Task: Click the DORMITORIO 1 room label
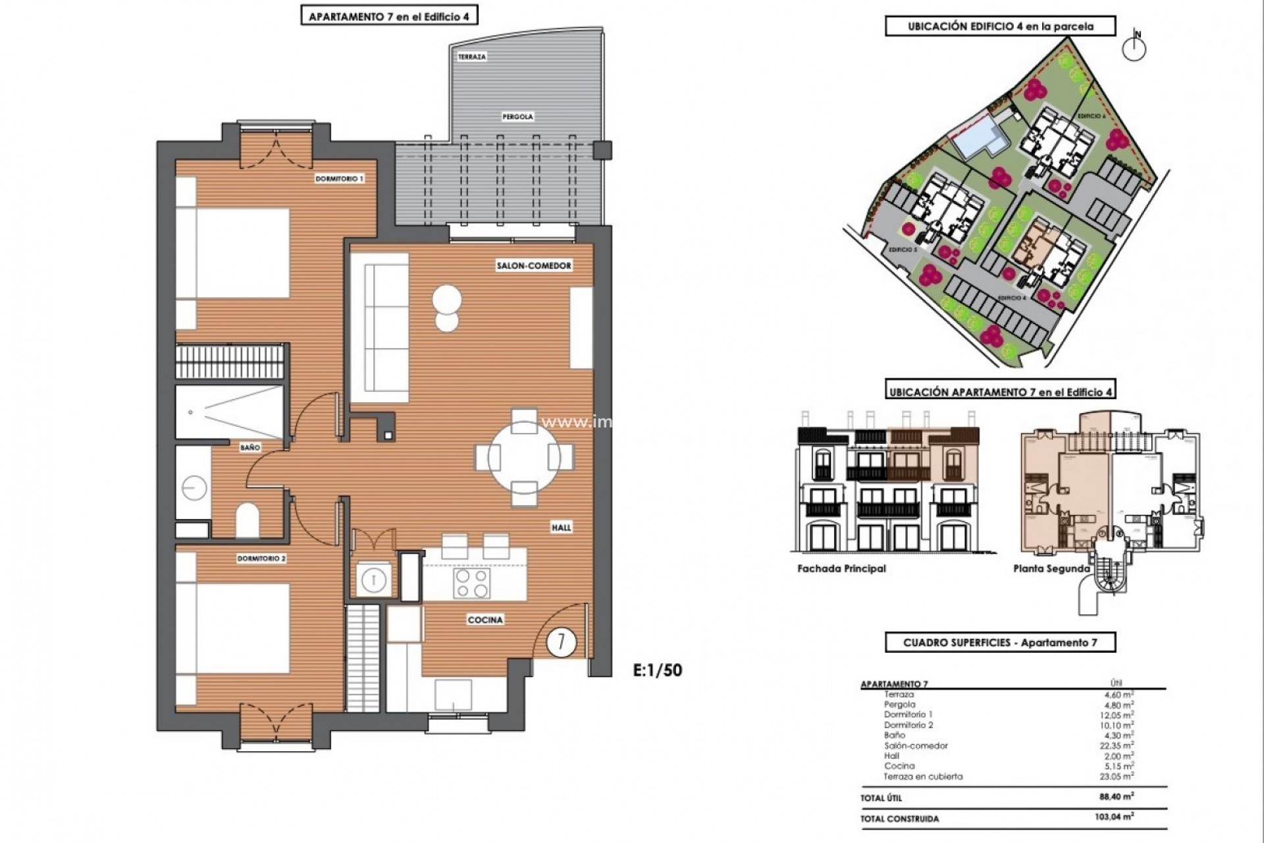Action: coord(339,178)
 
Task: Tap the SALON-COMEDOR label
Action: coord(533,265)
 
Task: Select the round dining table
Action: coord(524,458)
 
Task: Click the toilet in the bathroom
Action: coord(247,520)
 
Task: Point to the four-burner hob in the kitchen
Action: coord(472,583)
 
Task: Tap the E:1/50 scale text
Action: coord(657,670)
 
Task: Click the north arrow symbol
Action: coord(1134,48)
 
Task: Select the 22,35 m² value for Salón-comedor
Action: coord(1119,746)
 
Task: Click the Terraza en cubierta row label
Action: coord(922,776)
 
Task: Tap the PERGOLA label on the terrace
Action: coord(517,117)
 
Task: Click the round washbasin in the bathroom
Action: coord(194,488)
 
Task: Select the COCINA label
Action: coord(485,620)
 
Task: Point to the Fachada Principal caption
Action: coord(841,568)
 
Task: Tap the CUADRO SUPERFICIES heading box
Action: coord(1000,642)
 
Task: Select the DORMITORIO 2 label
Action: coord(261,558)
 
